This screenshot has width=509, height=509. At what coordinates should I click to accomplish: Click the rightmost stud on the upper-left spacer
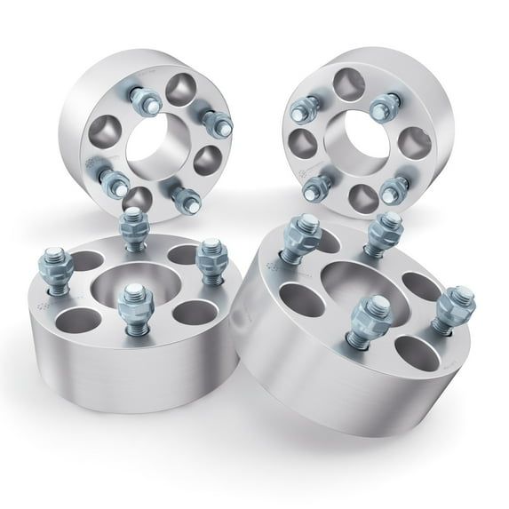[x=212, y=121]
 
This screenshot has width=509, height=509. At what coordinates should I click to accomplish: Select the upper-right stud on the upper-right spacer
[x=381, y=107]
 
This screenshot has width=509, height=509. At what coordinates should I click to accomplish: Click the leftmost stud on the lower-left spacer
[x=51, y=262]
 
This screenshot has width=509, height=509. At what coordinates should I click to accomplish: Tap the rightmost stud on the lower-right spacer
[x=457, y=306]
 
